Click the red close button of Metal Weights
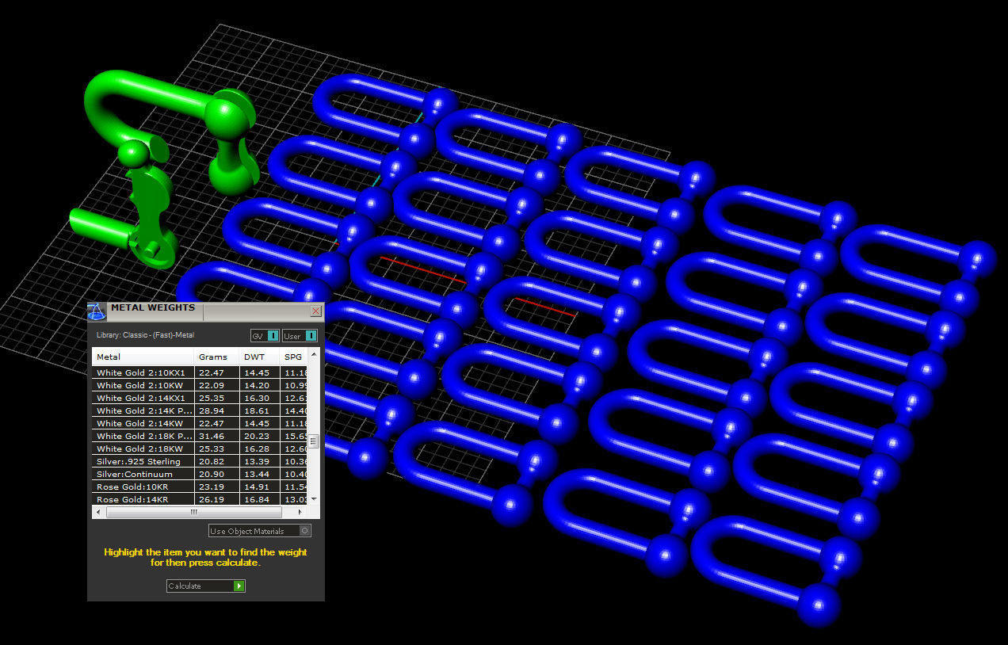(315, 311)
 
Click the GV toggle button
(265, 336)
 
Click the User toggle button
(300, 336)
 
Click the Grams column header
(213, 357)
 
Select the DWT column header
(254, 357)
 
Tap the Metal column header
(109, 357)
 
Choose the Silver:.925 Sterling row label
(139, 461)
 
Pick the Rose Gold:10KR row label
(132, 487)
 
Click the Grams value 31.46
(212, 436)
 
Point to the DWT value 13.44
(256, 474)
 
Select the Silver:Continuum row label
(135, 474)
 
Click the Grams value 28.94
(212, 410)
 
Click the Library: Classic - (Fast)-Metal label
(145, 335)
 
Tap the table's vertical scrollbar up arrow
(314, 354)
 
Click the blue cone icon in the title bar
(97, 311)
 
